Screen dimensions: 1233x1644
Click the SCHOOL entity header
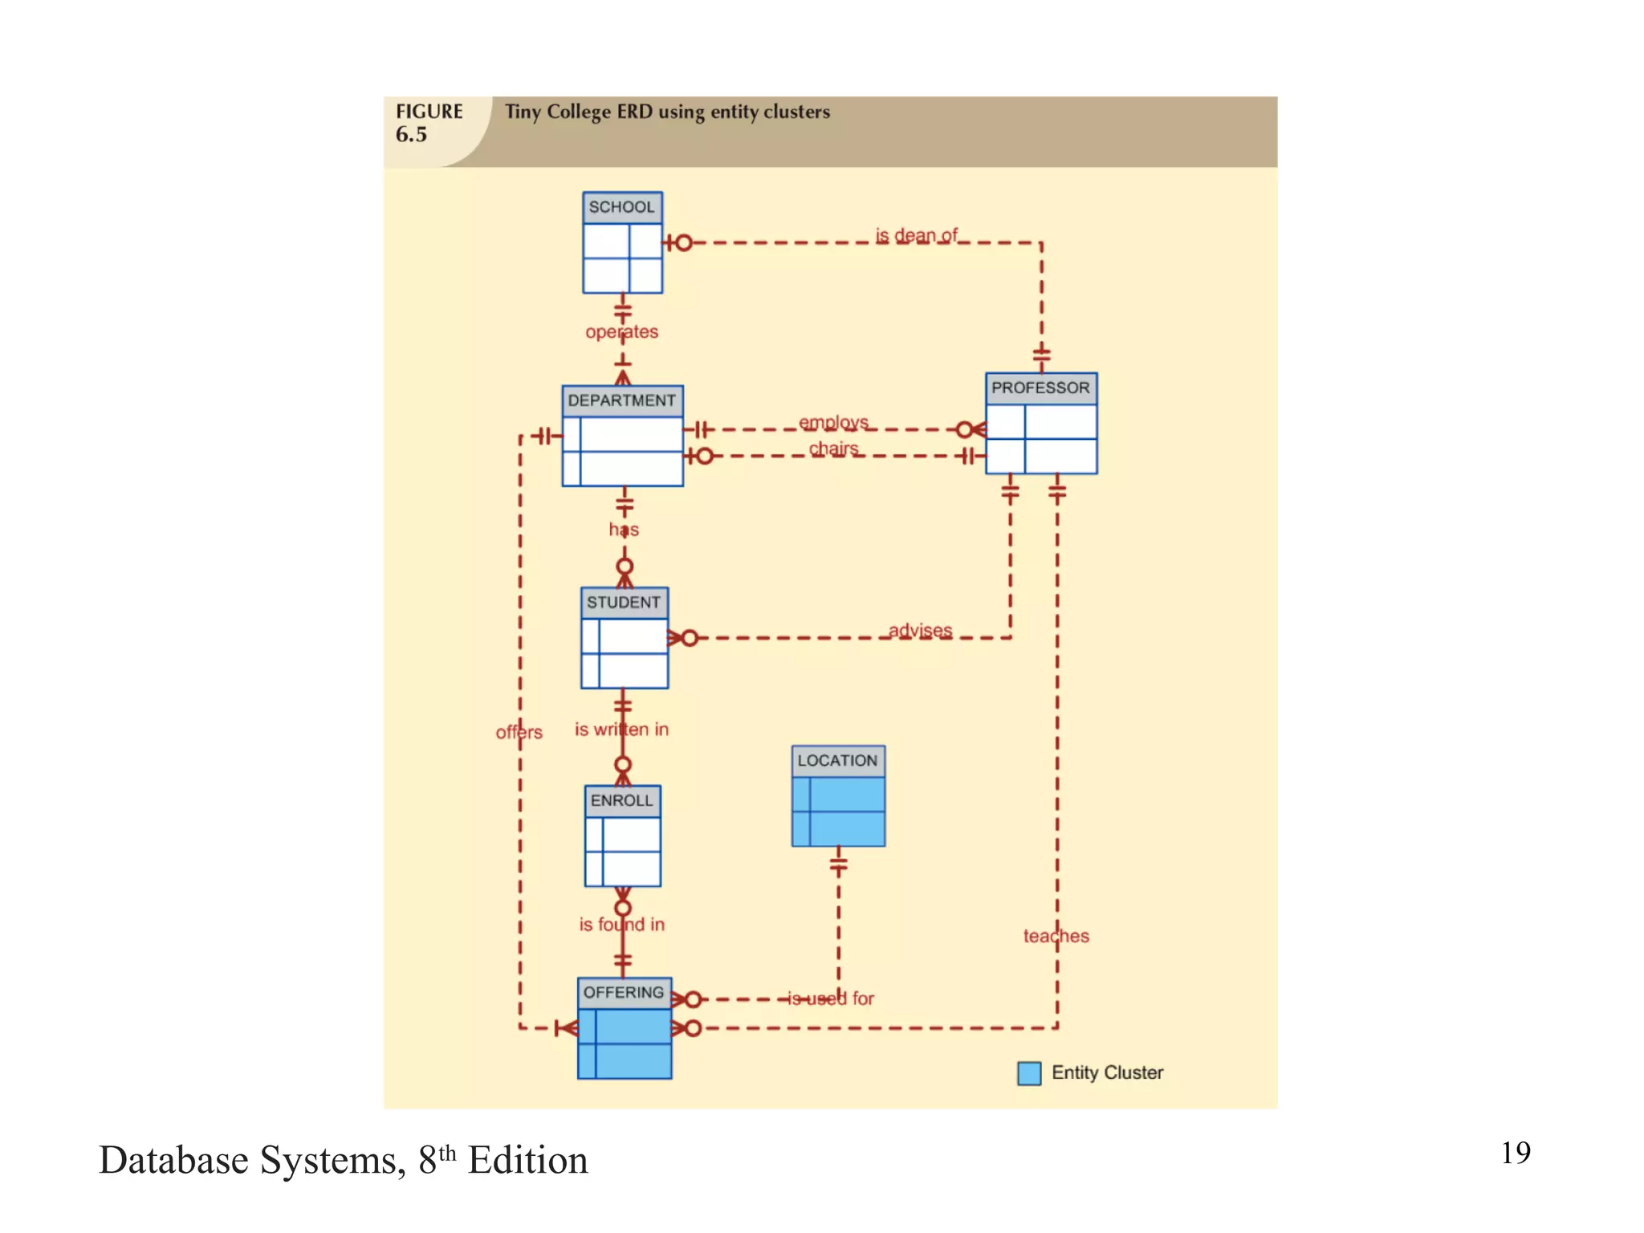622,207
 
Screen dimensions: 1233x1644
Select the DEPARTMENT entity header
622,401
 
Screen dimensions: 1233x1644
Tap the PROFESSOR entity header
1040,388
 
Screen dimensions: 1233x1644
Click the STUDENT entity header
624,603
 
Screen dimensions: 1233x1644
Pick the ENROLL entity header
622,800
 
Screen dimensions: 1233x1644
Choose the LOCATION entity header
837,760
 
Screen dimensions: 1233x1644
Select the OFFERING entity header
624,992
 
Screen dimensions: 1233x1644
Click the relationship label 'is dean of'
916,235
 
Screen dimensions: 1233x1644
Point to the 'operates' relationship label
622,332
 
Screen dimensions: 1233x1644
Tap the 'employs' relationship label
833,421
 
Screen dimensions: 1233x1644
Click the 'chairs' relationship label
833,448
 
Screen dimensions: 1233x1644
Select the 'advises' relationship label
920,630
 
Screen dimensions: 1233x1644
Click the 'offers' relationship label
519,732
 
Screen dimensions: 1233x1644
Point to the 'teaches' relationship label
1056,936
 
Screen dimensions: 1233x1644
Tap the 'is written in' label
621,729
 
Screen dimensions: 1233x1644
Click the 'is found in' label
621,924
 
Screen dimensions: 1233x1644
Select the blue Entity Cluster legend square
1028,1073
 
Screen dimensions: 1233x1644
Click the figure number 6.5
411,134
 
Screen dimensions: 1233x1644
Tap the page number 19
1515,1153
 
